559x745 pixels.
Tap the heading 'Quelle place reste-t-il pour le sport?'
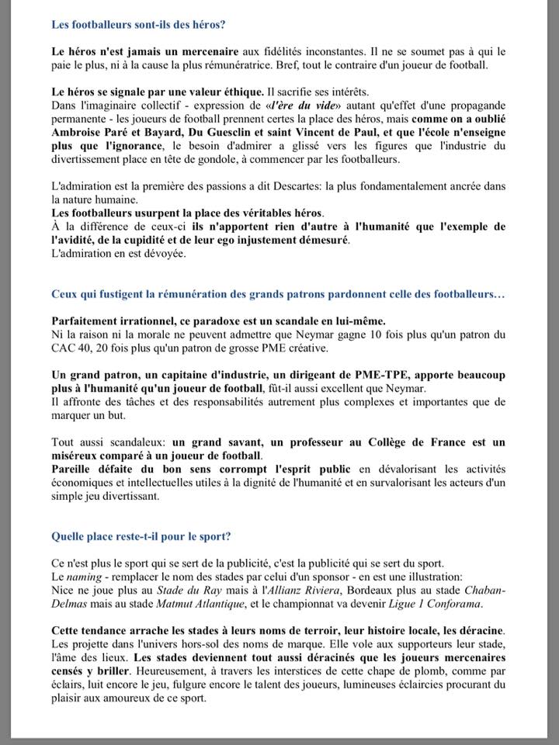pyautogui.click(x=141, y=535)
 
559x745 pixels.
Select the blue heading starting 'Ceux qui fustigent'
pyautogui.click(x=278, y=296)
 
